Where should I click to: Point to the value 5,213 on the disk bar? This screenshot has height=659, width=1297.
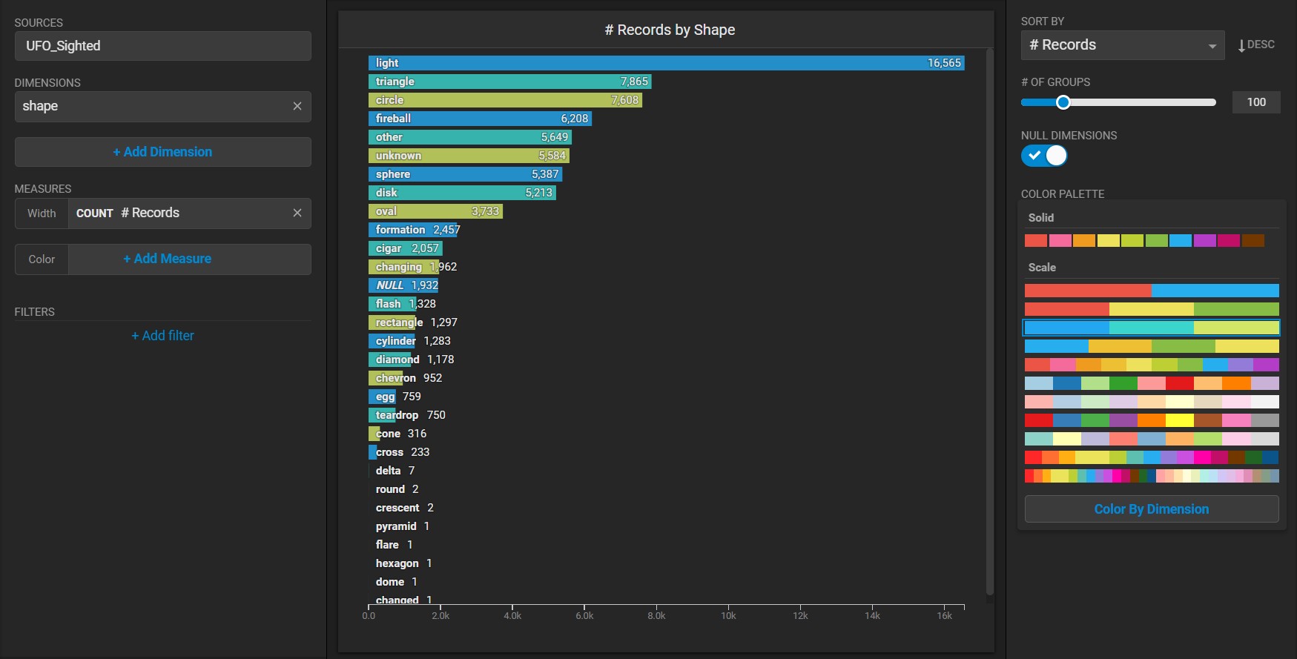click(538, 193)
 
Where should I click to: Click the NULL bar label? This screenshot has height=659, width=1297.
click(390, 285)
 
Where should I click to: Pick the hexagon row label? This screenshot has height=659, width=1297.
click(397, 563)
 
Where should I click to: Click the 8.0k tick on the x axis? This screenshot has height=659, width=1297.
click(656, 615)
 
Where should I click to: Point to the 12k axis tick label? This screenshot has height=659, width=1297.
click(800, 615)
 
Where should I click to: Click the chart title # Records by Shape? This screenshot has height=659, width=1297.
click(670, 30)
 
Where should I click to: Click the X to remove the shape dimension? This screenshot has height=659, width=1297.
click(297, 106)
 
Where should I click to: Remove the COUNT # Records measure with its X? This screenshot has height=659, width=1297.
click(297, 213)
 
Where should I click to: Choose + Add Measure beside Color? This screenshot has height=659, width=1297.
click(167, 259)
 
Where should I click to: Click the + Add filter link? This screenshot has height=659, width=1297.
click(162, 336)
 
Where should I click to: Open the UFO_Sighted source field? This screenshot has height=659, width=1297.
click(162, 46)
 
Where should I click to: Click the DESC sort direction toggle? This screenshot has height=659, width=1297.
click(1256, 44)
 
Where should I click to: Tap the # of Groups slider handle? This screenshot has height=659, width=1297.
click(1063, 102)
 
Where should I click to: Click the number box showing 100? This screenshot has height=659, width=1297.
click(1255, 102)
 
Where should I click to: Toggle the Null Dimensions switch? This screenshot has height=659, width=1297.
click(1044, 156)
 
